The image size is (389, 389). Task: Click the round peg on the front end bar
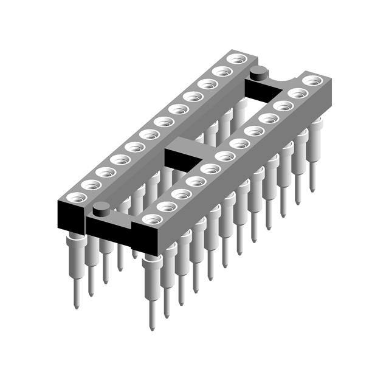coord(102,208)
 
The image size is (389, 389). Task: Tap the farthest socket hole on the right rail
coord(312,80)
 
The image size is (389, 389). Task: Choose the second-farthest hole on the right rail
coord(298,93)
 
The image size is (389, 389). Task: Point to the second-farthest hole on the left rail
coord(222,71)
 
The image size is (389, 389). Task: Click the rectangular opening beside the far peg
coord(261,90)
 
